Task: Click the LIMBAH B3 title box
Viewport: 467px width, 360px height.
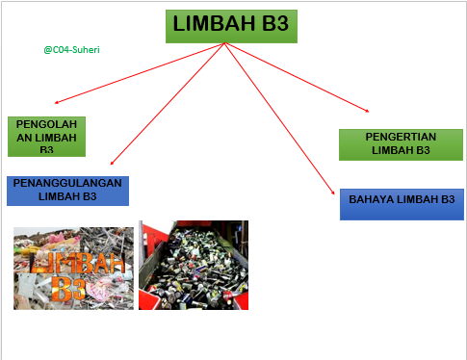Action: (x=231, y=26)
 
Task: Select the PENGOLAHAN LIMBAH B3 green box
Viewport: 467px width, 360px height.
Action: (x=46, y=136)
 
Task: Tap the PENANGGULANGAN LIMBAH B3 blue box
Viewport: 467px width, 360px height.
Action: (x=67, y=190)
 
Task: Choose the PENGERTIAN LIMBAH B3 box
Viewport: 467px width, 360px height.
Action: (x=401, y=143)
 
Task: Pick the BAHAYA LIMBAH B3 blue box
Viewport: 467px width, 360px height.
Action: (x=402, y=204)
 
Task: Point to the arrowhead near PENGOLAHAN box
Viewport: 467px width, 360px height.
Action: (x=58, y=102)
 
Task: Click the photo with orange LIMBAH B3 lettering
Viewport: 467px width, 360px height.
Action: (x=73, y=268)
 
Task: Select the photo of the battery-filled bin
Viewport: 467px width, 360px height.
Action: (x=193, y=265)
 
